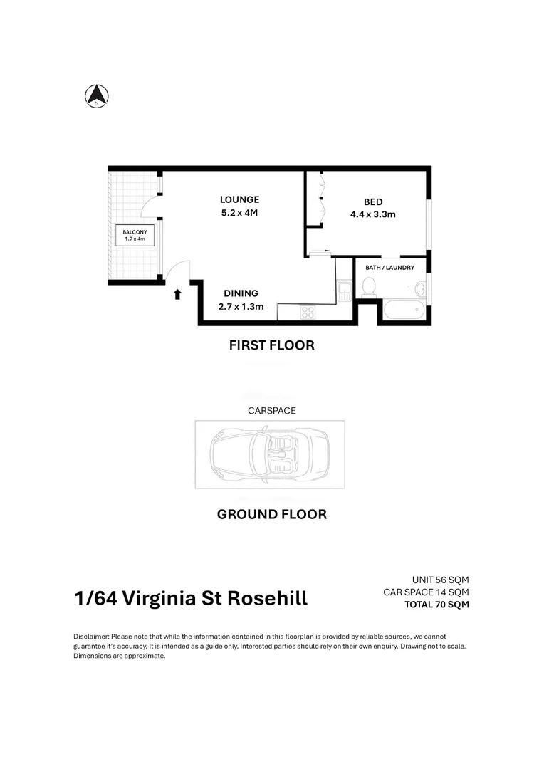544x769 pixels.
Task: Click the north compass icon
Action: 97,95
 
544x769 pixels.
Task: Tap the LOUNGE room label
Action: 239,199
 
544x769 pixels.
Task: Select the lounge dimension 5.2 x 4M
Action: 239,213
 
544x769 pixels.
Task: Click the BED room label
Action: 373,202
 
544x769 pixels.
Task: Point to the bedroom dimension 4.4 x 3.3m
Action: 373,214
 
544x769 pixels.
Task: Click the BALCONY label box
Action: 135,236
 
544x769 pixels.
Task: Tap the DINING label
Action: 241,293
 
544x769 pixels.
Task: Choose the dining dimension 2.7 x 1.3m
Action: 241,306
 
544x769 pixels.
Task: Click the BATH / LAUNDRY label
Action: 390,268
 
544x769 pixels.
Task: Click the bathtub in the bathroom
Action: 404,310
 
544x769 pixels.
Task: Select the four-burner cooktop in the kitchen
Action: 308,312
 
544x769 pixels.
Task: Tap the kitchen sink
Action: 345,291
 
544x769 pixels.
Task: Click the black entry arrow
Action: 177,294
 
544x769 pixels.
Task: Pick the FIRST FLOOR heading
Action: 272,345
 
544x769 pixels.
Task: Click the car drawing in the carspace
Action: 270,454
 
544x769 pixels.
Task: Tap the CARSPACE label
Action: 272,411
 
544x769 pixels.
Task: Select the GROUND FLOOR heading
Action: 272,515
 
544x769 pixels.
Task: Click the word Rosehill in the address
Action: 267,598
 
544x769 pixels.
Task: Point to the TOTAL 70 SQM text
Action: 436,605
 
